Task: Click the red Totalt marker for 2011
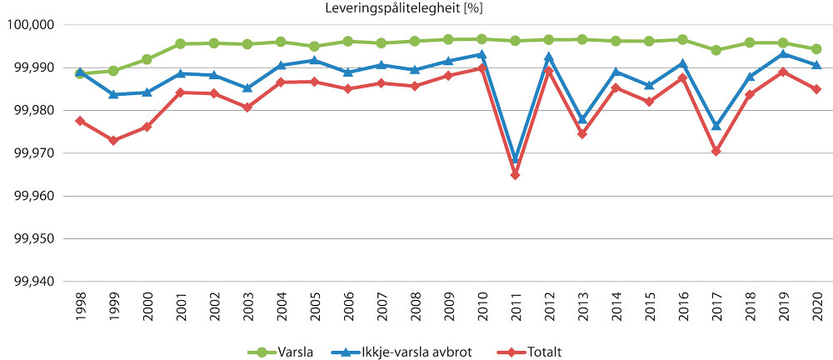(515, 175)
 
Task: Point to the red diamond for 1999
(113, 140)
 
